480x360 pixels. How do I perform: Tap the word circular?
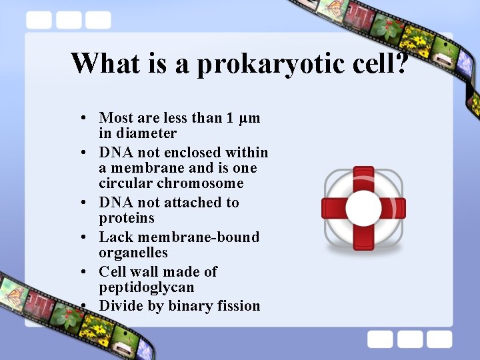(x=126, y=183)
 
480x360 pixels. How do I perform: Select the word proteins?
(x=127, y=218)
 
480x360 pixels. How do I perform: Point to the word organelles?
(x=133, y=253)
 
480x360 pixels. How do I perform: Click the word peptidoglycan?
(x=147, y=288)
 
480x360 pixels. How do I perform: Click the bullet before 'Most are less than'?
(x=81, y=119)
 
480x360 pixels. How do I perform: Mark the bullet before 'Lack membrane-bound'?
(x=81, y=237)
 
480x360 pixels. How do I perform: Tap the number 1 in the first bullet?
(x=229, y=119)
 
